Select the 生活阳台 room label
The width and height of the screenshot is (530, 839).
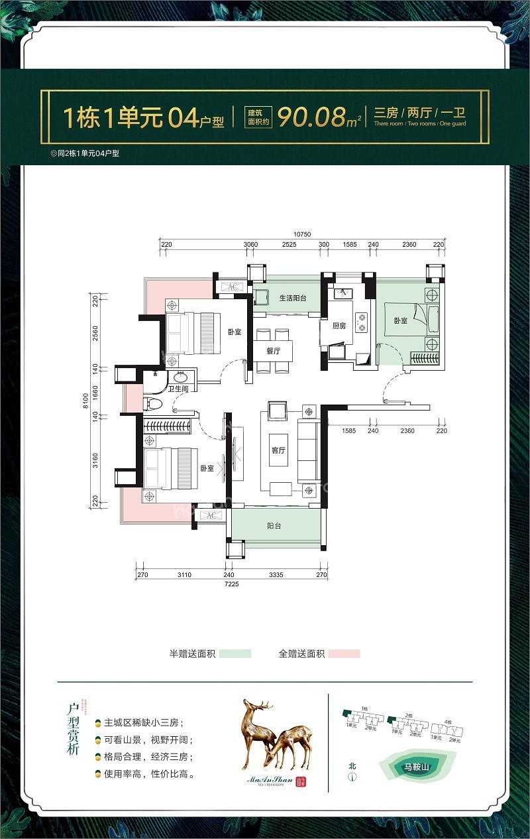[x=292, y=298]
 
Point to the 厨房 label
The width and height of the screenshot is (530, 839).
[x=339, y=326]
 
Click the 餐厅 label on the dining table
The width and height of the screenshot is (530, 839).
[x=274, y=352]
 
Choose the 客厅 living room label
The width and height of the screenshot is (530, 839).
[x=278, y=450]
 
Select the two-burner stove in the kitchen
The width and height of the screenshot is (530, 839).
[x=362, y=323]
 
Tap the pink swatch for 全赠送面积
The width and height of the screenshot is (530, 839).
[x=344, y=654]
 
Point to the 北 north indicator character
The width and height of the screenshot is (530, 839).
[x=352, y=765]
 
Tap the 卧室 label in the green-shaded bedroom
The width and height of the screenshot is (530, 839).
[x=400, y=320]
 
